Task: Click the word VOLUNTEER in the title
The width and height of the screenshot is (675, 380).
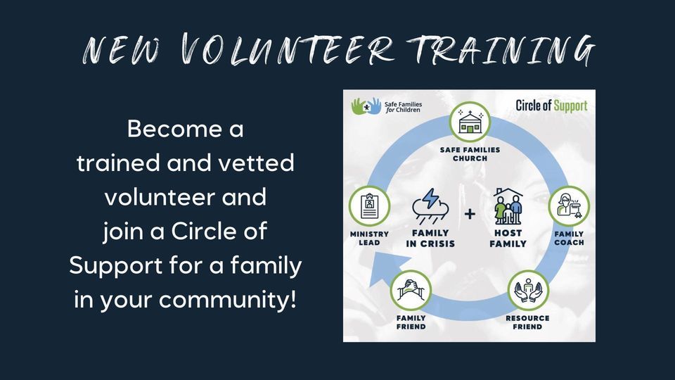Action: pyautogui.click(x=285, y=51)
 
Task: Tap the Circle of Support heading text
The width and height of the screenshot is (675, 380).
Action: pyautogui.click(x=551, y=106)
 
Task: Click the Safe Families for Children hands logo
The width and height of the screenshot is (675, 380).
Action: pyautogui.click(x=366, y=106)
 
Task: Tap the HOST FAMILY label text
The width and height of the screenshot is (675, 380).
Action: pyautogui.click(x=508, y=239)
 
